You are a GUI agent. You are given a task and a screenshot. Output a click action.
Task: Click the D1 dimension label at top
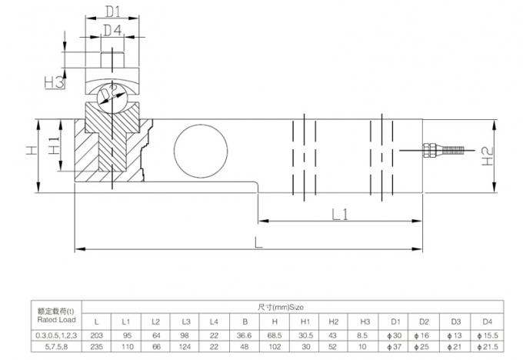113,12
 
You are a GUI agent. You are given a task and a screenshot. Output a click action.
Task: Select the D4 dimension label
113,31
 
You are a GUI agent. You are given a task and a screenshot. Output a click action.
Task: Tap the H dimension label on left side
31,152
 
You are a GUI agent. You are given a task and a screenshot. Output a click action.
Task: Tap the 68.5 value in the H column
276,335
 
